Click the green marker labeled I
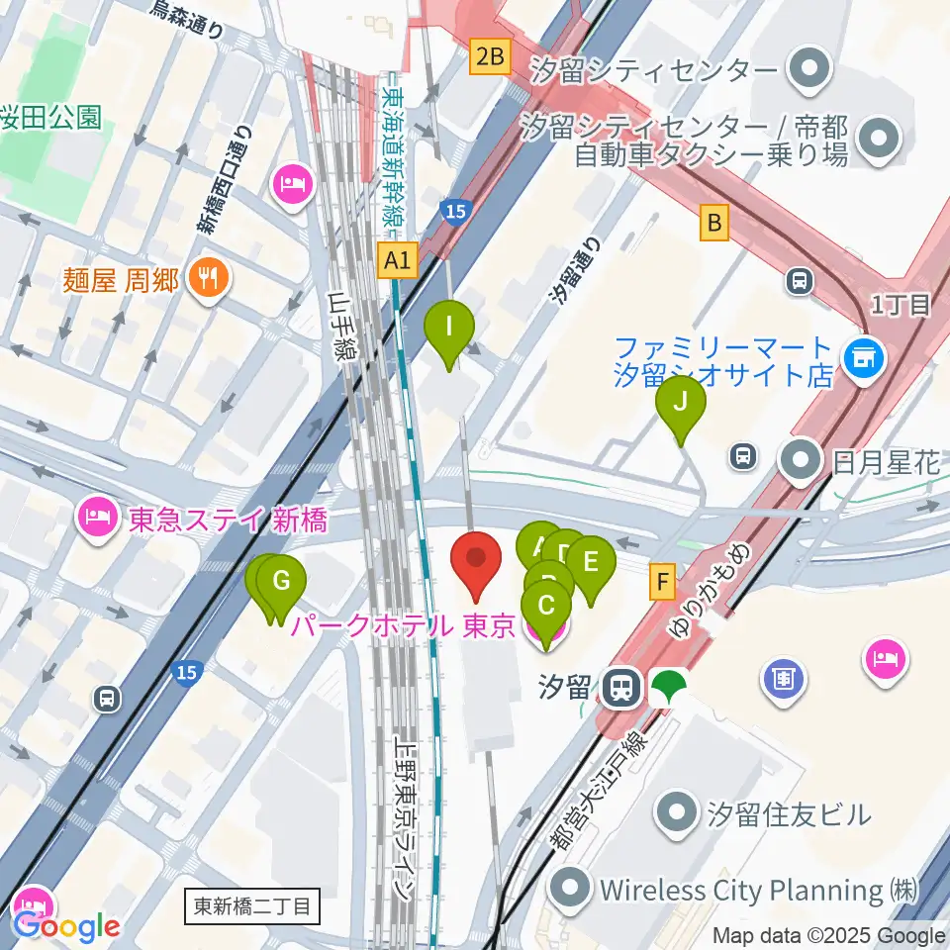(x=449, y=327)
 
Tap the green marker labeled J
(x=681, y=403)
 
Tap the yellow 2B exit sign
(x=490, y=57)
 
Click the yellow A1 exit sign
(x=398, y=261)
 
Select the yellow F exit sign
(x=662, y=581)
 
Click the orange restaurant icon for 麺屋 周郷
(x=208, y=280)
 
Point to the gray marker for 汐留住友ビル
(x=679, y=813)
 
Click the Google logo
(x=66, y=926)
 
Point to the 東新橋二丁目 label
(x=252, y=904)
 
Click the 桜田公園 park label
(x=51, y=117)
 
